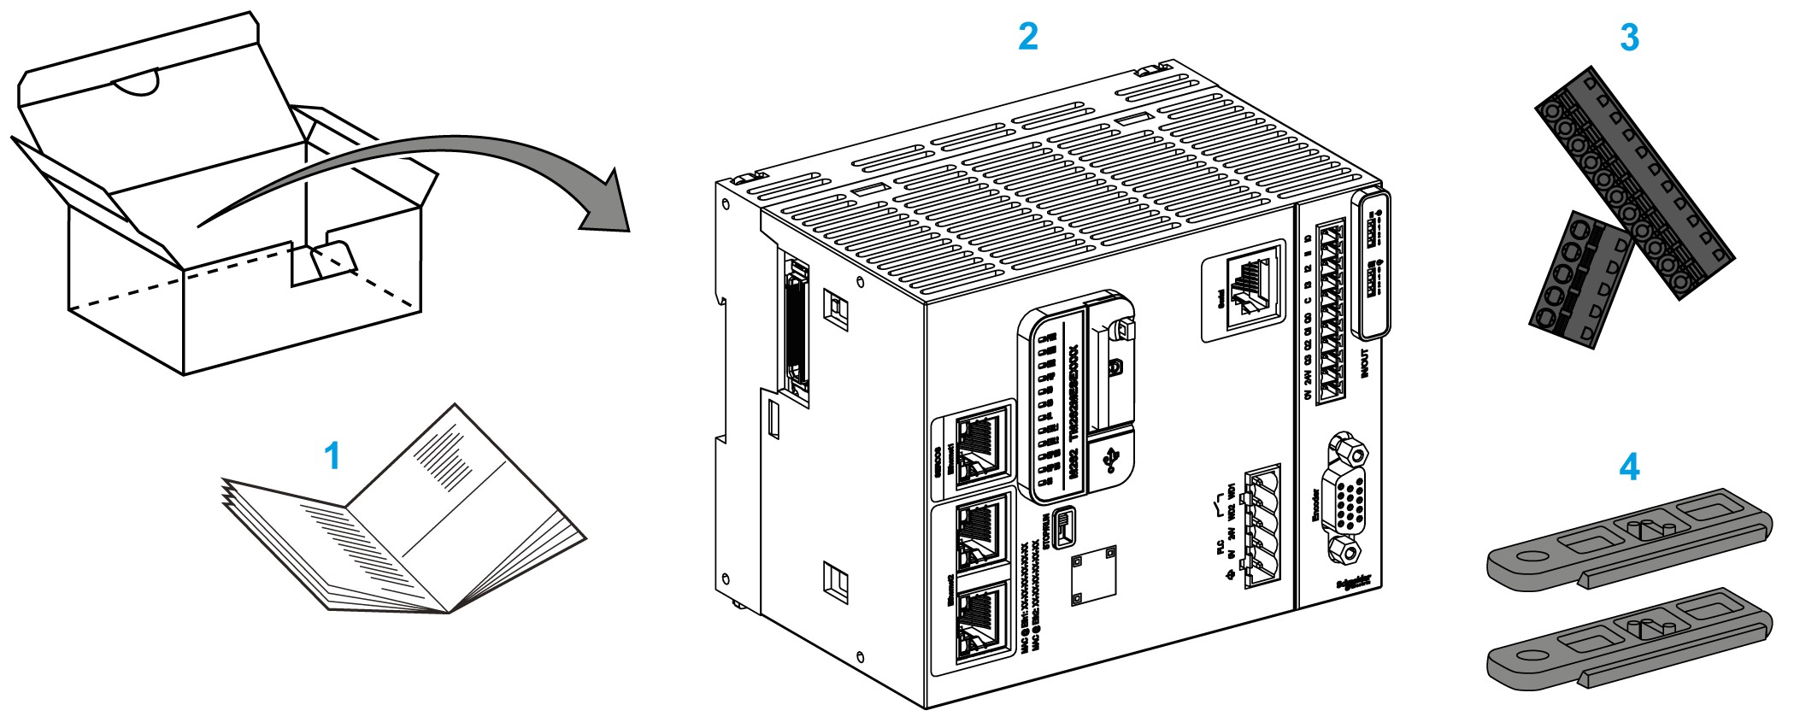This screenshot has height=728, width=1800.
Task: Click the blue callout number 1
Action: [332, 456]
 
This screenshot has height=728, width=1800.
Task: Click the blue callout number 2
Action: [1028, 37]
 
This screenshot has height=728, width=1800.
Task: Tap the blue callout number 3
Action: [1629, 38]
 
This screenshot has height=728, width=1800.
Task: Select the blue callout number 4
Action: [1629, 467]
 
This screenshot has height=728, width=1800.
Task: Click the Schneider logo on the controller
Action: [1353, 583]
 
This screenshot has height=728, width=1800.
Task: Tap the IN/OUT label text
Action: [1364, 363]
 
